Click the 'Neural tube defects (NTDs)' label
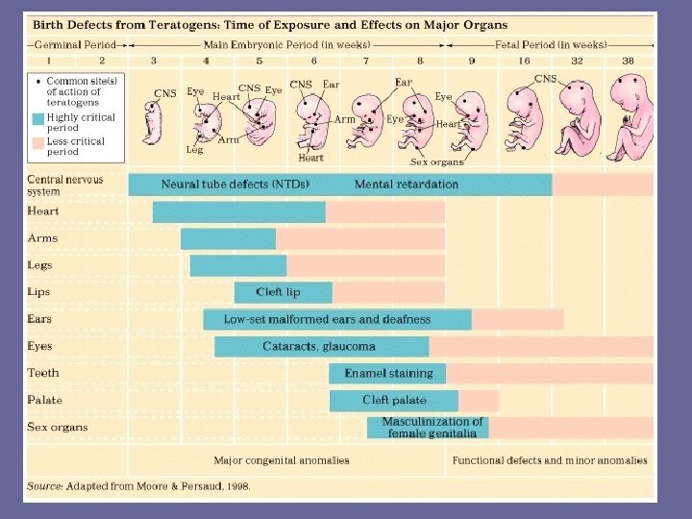tap(235, 184)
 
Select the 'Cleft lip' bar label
tap(278, 292)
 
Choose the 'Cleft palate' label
tap(394, 400)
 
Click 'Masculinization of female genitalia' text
tap(432, 427)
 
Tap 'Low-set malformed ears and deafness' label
tap(327, 319)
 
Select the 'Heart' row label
tap(43, 211)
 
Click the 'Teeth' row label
tap(43, 373)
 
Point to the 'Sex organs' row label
tap(58, 427)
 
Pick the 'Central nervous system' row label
tap(65, 185)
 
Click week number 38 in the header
tap(628, 60)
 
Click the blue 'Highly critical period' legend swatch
tap(37, 119)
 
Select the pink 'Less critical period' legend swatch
tap(37, 143)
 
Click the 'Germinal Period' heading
tap(73, 44)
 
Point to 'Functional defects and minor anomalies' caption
tap(550, 460)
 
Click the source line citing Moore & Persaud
tap(139, 486)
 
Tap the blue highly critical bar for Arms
tap(228, 238)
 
